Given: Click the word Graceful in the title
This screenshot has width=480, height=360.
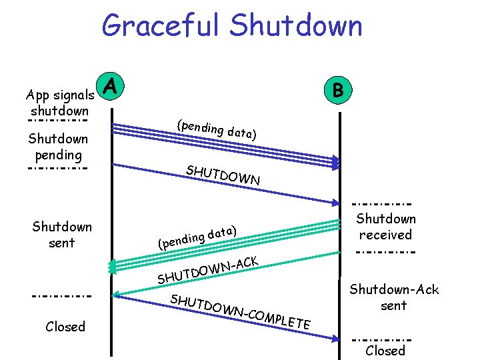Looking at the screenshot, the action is coord(160,26).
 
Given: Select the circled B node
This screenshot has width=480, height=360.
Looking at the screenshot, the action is coord(339,89).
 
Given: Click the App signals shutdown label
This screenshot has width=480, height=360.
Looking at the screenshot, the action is coord(59,102).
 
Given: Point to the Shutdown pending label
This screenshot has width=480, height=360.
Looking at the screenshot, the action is coord(58,147).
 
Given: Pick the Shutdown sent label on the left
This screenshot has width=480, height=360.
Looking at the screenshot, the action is coord(62,235).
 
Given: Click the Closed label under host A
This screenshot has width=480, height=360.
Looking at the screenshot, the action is coord(65,327).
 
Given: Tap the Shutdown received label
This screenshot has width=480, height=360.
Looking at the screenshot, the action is coord(385,227).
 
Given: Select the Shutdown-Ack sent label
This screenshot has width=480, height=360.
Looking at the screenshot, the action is coord(394,297).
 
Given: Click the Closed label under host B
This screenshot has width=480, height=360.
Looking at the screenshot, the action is coord(385,351).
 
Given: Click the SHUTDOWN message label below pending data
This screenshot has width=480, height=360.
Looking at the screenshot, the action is coord(223,175).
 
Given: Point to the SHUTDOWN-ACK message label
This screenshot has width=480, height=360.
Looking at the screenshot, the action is coord(207,269).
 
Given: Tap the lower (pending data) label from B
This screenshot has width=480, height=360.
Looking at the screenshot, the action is coord(197,237).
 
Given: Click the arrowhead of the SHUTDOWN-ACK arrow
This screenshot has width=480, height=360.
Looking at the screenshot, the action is coord(116,293).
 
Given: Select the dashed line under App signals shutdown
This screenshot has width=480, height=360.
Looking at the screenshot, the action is coord(58,121).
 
